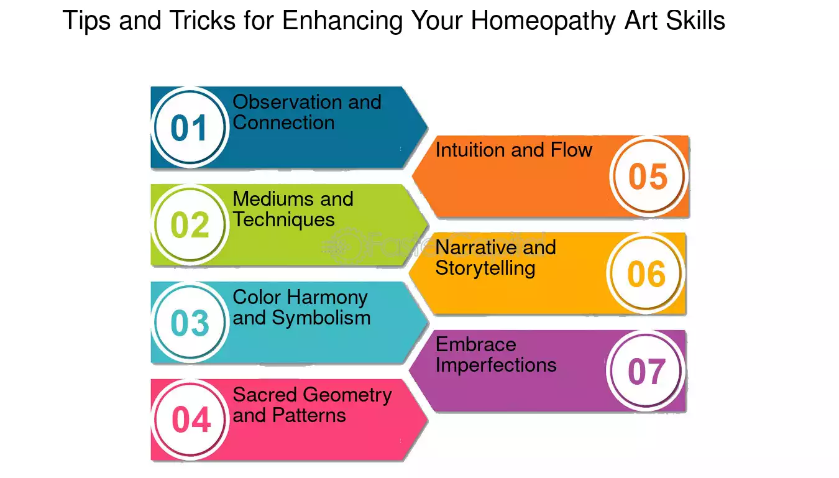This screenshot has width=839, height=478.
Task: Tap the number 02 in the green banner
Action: point(190,225)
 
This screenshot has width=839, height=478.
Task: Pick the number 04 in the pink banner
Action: point(191,420)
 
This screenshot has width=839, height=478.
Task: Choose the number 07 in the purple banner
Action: point(646,371)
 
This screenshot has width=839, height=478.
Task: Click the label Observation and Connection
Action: point(307,112)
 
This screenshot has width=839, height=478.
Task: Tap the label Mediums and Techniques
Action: point(293,209)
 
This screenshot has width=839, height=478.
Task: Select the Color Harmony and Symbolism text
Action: point(301,307)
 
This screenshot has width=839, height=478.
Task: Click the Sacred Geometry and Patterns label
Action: point(312,405)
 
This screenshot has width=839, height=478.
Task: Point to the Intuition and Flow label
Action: point(514,150)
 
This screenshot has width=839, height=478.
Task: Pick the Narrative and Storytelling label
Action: point(495,258)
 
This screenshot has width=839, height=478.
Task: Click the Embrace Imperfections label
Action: point(496,355)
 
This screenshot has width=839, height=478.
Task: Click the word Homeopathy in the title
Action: point(543,21)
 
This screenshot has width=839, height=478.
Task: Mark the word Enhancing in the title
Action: point(342,21)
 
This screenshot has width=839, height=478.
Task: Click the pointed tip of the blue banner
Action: point(428,127)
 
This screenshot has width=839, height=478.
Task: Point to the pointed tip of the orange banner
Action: point(413,176)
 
